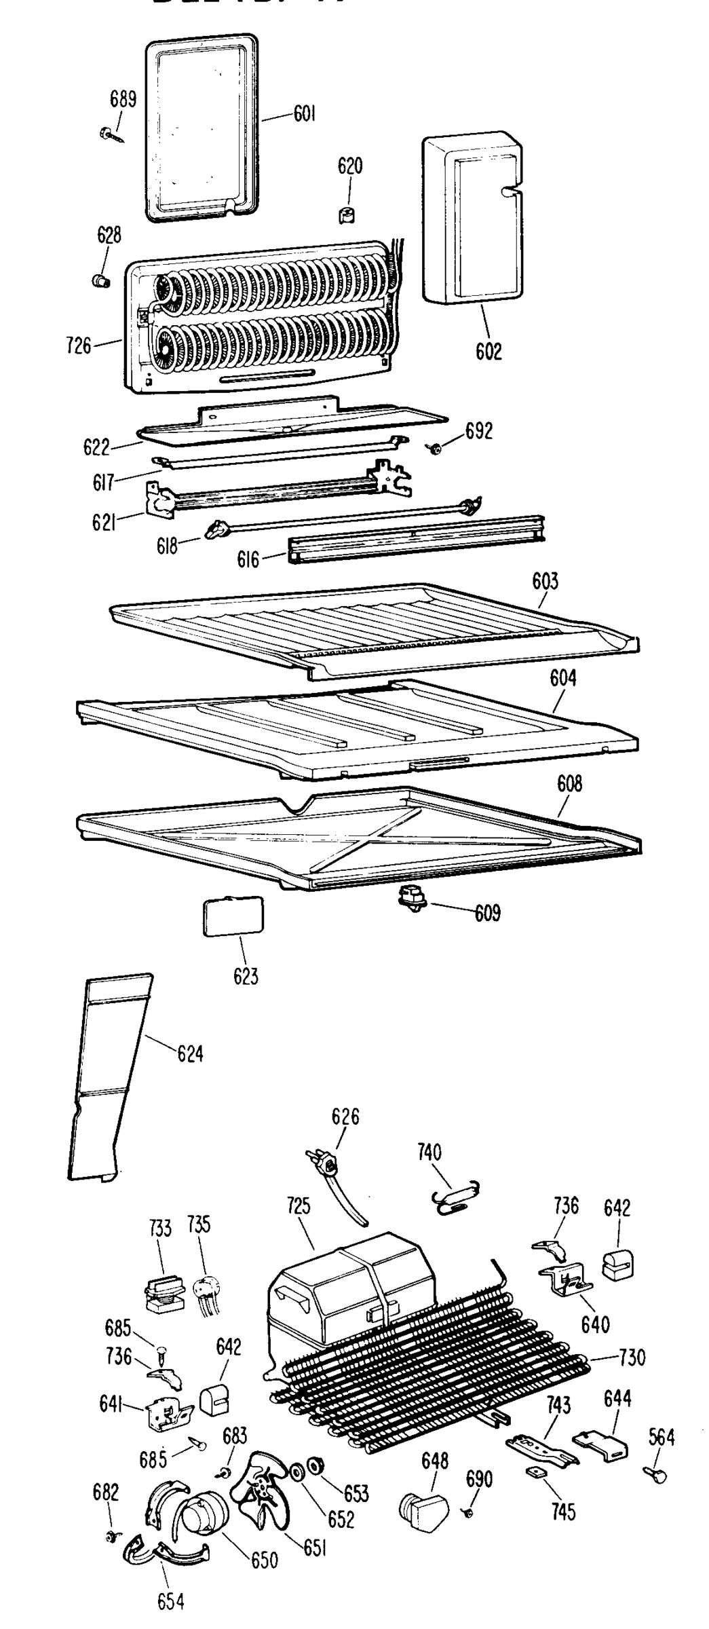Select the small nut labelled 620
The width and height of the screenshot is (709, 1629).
(x=347, y=215)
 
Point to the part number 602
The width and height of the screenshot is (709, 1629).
(x=488, y=351)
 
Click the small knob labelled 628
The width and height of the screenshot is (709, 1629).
(x=102, y=280)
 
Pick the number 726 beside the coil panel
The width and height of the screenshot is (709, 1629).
(x=79, y=346)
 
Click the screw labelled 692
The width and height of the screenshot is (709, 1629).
(x=435, y=448)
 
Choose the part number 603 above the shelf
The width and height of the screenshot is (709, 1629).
(x=545, y=581)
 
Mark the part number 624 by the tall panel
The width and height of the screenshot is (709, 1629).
(x=190, y=1053)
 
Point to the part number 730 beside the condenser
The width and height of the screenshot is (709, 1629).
(x=632, y=1357)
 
